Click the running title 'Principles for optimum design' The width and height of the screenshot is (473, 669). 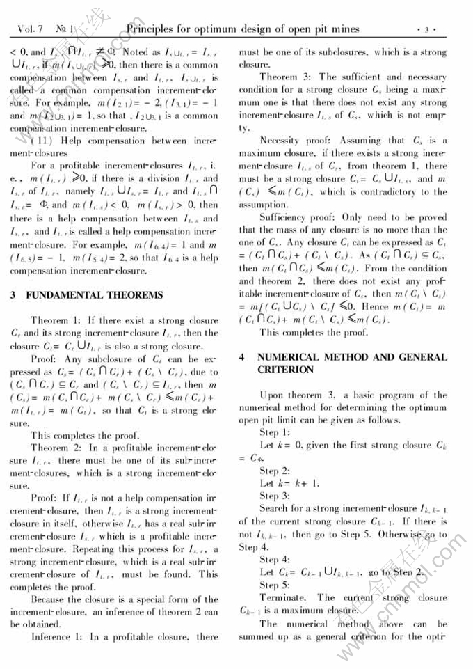tap(243, 29)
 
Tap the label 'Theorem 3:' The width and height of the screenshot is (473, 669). tap(284, 77)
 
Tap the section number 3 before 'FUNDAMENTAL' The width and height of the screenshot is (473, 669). tap(13, 295)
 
